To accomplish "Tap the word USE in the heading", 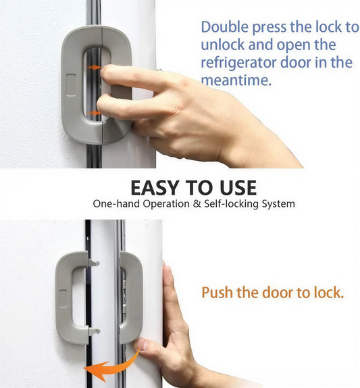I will (x=233, y=187).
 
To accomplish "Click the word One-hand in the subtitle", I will (x=113, y=203).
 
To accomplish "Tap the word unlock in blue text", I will (x=222, y=45).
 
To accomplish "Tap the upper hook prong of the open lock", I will (x=95, y=260).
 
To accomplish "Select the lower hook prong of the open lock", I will (x=95, y=331).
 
